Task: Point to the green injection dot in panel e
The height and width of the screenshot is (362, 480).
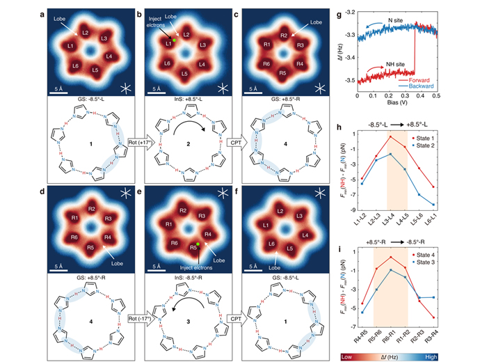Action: pos(199,244)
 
